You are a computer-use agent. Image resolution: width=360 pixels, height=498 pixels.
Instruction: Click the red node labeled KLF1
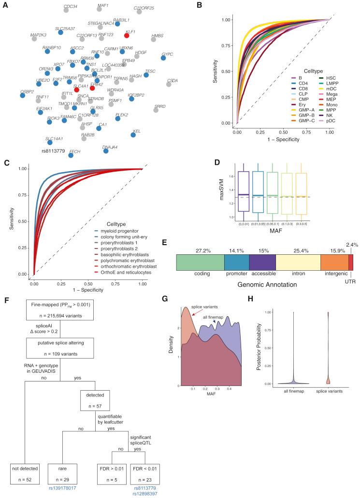pyautogui.click(x=127, y=35)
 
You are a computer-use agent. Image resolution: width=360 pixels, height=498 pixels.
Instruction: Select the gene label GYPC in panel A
pyautogui.click(x=168, y=54)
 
